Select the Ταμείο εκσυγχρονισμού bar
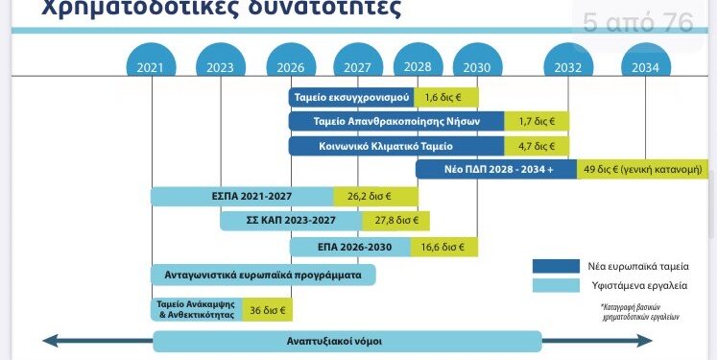tap(350, 98)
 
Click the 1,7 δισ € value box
tap(538, 122)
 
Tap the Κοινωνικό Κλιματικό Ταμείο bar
tap(396, 146)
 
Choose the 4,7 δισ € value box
tap(538, 146)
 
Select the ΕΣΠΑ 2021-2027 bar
tap(242, 196)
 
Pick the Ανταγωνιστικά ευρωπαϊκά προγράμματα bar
tap(262, 275)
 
